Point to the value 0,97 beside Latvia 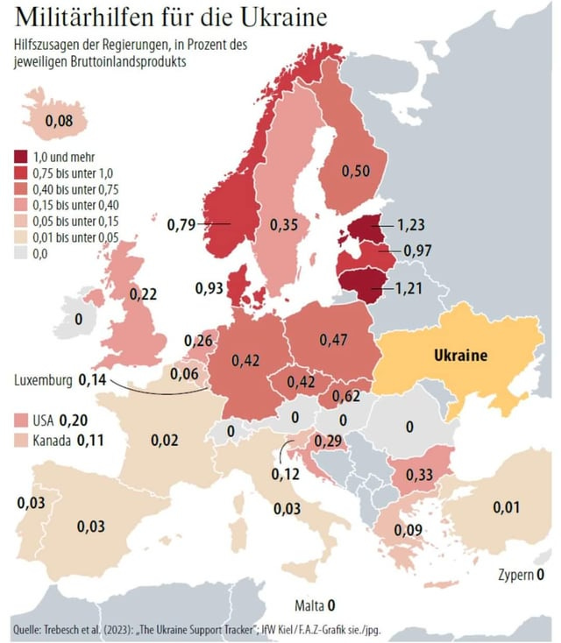[x=419, y=251]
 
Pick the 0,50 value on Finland [x=355, y=170]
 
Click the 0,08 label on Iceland [x=59, y=121]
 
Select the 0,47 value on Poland [x=334, y=339]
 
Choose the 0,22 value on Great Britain [x=143, y=294]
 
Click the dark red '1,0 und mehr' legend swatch [x=19, y=156]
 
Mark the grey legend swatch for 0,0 [x=19, y=253]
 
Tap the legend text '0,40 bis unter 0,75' [x=75, y=188]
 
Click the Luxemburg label [x=44, y=380]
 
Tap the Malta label [x=309, y=605]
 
